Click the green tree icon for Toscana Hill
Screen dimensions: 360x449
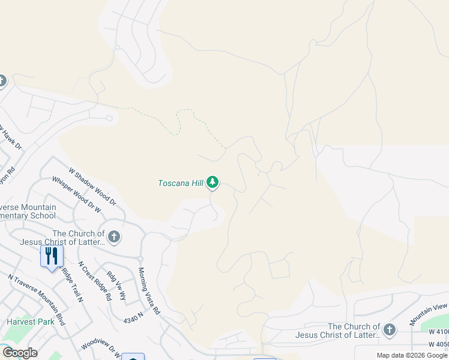tap(212, 182)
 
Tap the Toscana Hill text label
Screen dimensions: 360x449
tap(181, 183)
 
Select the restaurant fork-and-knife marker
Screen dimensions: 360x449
tap(52, 256)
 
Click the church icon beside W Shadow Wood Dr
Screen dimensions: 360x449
tap(114, 237)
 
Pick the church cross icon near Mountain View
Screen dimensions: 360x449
tap(390, 329)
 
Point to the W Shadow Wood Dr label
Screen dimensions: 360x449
tap(92, 187)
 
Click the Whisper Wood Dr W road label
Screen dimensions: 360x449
tap(76, 195)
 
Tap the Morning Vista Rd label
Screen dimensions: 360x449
tap(149, 292)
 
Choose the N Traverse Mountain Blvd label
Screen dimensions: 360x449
tap(37, 299)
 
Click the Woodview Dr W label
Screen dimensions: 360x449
tap(101, 347)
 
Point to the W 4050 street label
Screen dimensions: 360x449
tap(438, 344)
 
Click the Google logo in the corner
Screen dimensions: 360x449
tap(20, 353)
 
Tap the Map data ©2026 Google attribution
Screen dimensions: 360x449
tap(412, 355)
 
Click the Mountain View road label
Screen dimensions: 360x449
tap(429, 314)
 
